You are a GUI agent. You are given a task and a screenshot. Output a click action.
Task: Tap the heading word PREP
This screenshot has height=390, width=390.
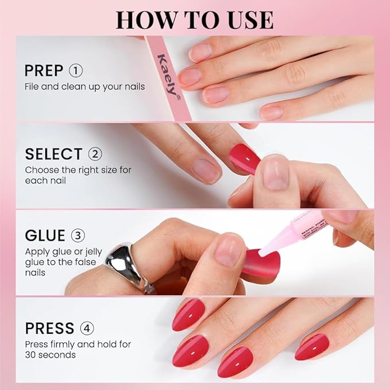pyautogui.click(x=44, y=71)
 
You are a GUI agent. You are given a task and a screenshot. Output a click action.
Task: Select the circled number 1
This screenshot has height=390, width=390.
pyautogui.click(x=76, y=71)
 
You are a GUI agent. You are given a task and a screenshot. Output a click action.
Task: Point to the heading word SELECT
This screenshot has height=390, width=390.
pyautogui.click(x=53, y=154)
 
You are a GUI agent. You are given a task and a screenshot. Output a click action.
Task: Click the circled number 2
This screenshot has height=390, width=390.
pyautogui.click(x=95, y=154)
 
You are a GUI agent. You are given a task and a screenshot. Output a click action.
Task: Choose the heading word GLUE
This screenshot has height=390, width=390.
pyautogui.click(x=44, y=236)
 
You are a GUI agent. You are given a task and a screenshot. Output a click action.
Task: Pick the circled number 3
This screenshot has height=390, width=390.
pyautogui.click(x=78, y=236)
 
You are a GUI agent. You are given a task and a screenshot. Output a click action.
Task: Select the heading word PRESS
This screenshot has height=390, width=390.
pyautogui.click(x=49, y=329)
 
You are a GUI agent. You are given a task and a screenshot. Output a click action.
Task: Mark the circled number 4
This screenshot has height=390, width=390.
pyautogui.click(x=87, y=329)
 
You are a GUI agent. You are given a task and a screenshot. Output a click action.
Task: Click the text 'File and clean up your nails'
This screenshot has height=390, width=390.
pyautogui.click(x=84, y=87)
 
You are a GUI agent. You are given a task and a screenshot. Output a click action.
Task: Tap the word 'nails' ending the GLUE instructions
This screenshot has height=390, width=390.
pyautogui.click(x=35, y=273)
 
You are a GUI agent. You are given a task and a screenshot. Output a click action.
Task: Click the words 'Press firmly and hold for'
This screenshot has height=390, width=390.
pyautogui.click(x=78, y=345)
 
